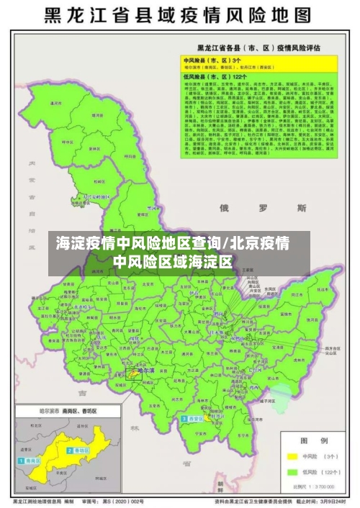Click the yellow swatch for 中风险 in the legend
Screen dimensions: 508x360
pyautogui.click(x=293, y=455)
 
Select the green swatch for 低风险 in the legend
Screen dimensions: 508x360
pyautogui.click(x=293, y=472)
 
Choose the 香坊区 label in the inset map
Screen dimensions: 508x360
pyautogui.click(x=78, y=450)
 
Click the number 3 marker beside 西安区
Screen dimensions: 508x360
pyautogui.click(x=184, y=418)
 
